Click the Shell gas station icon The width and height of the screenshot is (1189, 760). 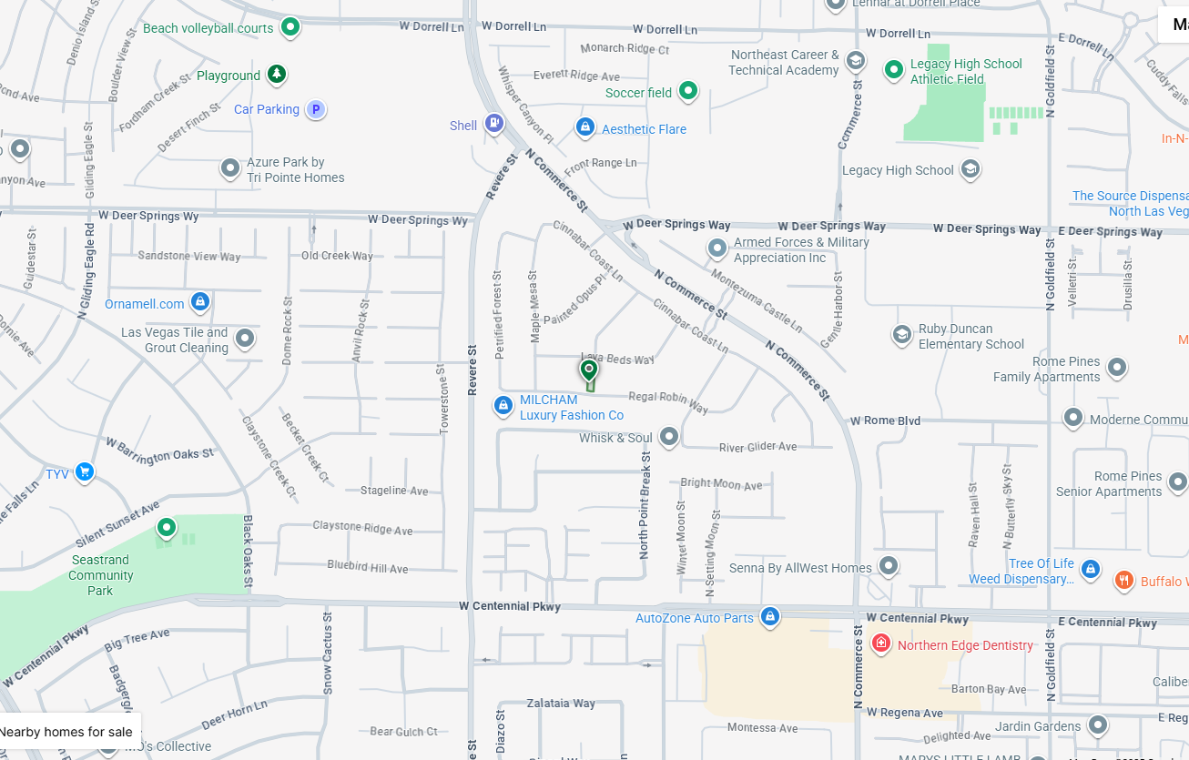point(493,123)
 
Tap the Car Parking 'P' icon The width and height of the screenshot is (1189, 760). point(315,110)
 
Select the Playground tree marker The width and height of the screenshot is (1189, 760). point(277,75)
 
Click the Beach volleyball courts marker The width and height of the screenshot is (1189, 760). point(290,27)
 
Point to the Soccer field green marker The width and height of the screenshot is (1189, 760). point(688,91)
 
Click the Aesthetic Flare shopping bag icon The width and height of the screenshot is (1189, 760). point(585,128)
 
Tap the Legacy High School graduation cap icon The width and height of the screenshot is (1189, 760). point(970,169)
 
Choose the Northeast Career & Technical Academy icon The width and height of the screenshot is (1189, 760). point(855,62)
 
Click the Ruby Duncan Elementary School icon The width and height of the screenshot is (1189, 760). point(901,336)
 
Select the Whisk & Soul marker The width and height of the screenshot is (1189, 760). point(668,437)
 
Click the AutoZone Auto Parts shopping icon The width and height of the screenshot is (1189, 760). point(770,617)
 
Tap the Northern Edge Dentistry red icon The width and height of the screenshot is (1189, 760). point(880,644)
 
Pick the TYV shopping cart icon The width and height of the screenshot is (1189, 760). point(85,471)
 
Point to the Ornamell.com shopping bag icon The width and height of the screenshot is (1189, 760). point(200,302)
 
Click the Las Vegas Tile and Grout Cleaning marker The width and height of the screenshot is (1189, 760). point(244,339)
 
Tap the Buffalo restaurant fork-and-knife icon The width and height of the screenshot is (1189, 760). point(1124,581)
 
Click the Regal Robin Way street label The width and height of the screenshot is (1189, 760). point(668,400)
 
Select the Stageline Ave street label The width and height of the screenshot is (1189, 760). point(394,491)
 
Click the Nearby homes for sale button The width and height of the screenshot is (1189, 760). point(66,732)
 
